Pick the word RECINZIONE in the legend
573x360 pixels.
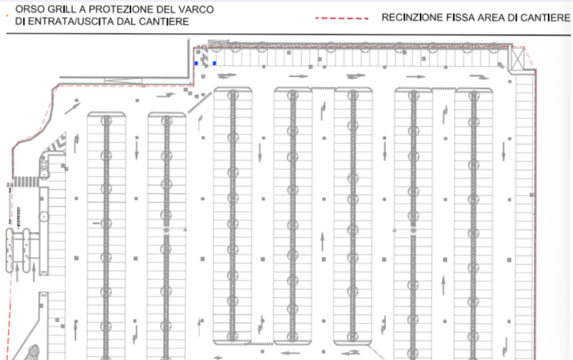[x=412, y=18]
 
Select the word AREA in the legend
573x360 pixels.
[x=492, y=18]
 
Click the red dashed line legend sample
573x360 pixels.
[x=342, y=18]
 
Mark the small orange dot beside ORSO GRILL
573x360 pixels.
[x=8, y=15]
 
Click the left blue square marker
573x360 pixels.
[x=196, y=63]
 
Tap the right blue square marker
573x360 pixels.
[x=214, y=63]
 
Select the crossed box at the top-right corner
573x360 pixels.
[x=517, y=59]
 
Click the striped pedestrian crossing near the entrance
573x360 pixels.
[x=26, y=181]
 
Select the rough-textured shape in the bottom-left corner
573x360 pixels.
[x=33, y=352]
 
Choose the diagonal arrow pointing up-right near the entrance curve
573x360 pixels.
[x=72, y=107]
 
